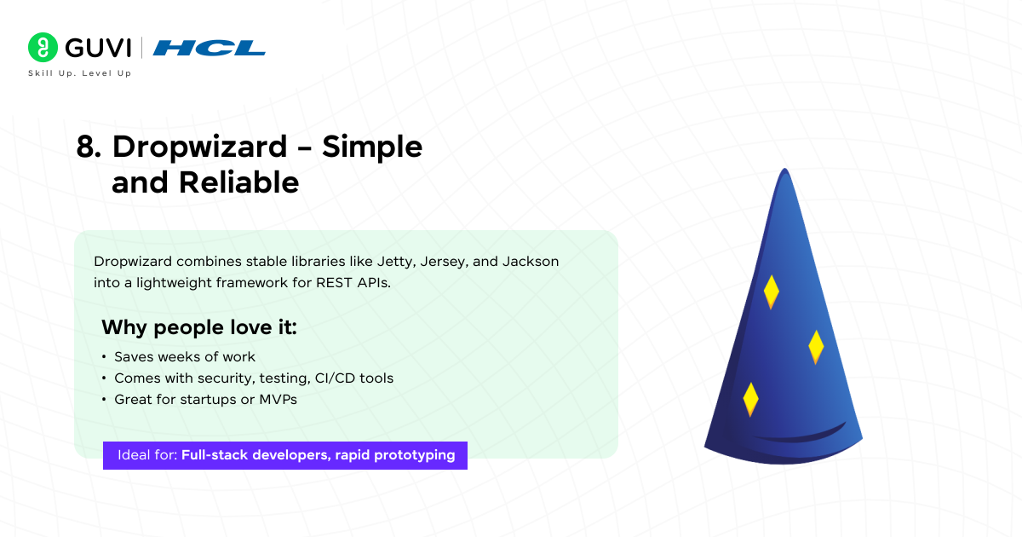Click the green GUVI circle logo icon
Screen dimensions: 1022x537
click(x=43, y=47)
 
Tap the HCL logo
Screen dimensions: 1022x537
click(x=209, y=48)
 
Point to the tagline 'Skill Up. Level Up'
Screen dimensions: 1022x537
click(x=80, y=73)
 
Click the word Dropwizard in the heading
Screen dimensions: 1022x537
click(x=199, y=147)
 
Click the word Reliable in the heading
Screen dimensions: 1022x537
click(x=238, y=182)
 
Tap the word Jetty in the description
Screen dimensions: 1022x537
click(x=395, y=262)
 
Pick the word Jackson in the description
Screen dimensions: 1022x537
click(x=530, y=261)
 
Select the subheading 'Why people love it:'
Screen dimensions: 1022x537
click(x=199, y=327)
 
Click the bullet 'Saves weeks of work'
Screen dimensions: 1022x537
click(x=184, y=356)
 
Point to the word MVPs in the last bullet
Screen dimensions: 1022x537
click(x=278, y=400)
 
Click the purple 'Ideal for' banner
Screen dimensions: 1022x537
click(x=285, y=455)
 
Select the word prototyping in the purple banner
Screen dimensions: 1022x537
click(x=414, y=455)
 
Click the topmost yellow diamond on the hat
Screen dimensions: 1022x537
click(x=771, y=292)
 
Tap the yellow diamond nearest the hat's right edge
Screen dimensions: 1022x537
click(x=816, y=347)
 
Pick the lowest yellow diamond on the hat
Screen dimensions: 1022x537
click(x=750, y=400)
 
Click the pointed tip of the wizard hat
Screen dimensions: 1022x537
click(x=784, y=169)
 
